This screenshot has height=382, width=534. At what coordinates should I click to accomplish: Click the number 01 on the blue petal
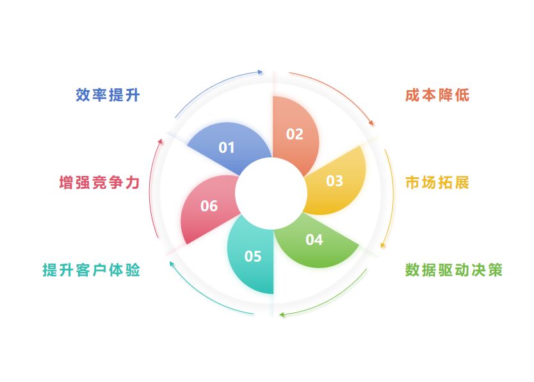click(x=227, y=148)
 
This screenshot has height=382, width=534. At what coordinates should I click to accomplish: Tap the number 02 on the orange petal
click(x=295, y=134)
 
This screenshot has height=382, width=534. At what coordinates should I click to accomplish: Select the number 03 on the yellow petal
click(x=334, y=181)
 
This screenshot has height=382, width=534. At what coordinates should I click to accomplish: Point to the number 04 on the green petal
click(x=314, y=240)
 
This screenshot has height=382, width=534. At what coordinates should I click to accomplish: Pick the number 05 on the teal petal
click(x=253, y=257)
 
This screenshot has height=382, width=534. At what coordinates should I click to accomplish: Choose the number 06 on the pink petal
click(x=209, y=206)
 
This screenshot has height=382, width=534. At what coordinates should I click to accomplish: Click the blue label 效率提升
click(x=108, y=95)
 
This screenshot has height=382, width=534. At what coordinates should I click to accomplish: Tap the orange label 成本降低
click(x=437, y=95)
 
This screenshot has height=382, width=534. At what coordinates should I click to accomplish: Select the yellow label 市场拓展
click(x=437, y=182)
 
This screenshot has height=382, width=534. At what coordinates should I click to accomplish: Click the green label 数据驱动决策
click(x=454, y=270)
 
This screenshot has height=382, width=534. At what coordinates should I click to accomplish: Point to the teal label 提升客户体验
click(x=91, y=270)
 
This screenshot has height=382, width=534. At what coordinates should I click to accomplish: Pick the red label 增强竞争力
click(x=99, y=182)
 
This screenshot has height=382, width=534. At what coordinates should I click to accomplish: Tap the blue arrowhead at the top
click(x=259, y=72)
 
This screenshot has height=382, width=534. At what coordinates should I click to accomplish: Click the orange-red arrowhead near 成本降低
click(x=372, y=123)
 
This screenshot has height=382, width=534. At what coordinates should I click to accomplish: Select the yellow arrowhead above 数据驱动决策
click(x=384, y=244)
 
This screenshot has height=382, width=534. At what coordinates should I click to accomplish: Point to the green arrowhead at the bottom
click(x=282, y=315)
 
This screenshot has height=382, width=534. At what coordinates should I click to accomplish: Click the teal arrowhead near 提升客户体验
click(x=170, y=262)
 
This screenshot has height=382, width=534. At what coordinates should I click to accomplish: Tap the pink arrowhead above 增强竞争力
click(x=160, y=140)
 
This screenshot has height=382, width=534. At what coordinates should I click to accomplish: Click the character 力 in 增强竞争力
click(x=133, y=182)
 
